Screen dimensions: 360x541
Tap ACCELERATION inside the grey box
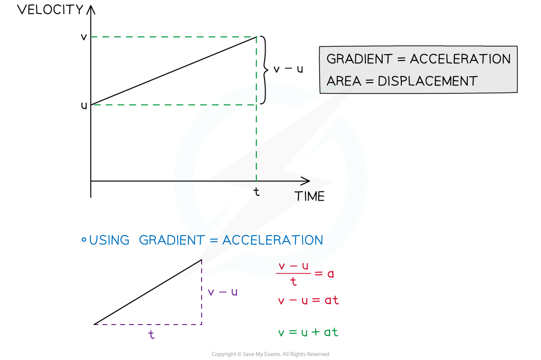(x=460, y=59)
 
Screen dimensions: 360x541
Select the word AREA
(x=343, y=81)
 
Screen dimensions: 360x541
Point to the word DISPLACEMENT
(x=427, y=81)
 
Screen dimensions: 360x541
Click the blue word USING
(x=109, y=240)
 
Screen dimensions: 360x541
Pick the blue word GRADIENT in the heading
(x=171, y=240)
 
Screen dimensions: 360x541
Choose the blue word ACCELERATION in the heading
(x=272, y=240)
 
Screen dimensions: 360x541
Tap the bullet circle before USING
(x=84, y=240)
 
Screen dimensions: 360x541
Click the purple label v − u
(x=222, y=292)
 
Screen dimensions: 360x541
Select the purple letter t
(x=151, y=335)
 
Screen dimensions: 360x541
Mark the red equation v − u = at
(x=308, y=300)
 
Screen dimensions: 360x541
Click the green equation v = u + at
(x=308, y=332)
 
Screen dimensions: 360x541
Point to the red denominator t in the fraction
(x=294, y=282)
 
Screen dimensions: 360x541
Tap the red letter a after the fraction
(x=331, y=273)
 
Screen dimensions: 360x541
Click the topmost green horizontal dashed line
(x=172, y=37)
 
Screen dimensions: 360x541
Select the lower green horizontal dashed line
(x=172, y=105)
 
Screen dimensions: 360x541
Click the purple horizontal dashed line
(x=148, y=325)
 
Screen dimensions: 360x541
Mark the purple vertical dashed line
(x=202, y=295)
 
